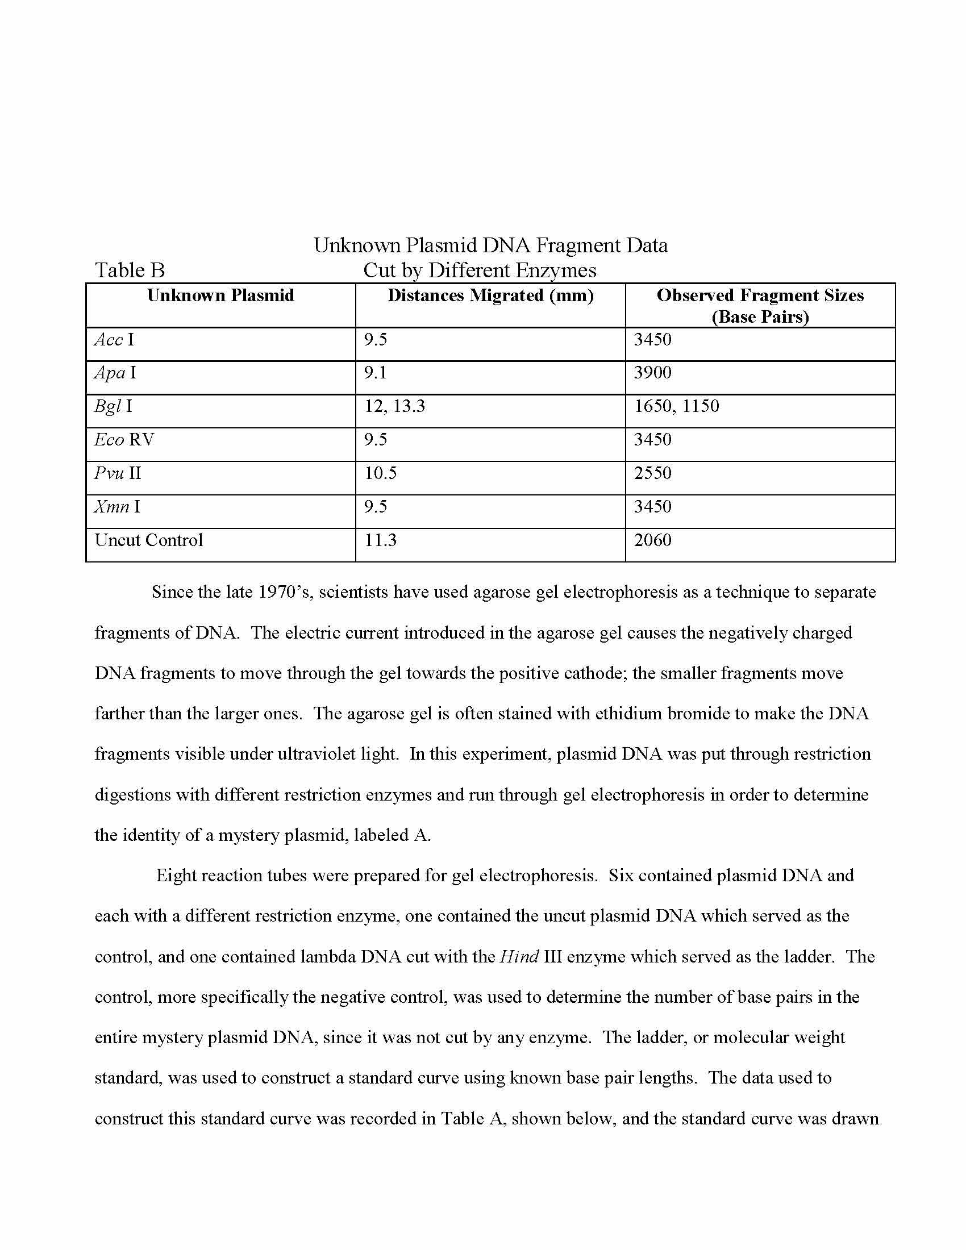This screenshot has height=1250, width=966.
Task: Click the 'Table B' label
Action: pos(130,270)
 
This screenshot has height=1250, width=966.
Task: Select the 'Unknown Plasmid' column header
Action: pos(220,295)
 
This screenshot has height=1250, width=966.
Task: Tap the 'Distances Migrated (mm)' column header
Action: pos(490,295)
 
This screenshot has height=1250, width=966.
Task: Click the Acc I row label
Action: pos(114,340)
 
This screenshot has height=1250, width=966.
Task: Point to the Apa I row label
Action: pos(115,373)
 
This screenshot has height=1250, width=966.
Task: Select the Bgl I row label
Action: pos(113,406)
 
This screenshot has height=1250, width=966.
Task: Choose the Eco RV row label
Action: pos(124,440)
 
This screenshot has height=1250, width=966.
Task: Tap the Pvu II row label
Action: pos(117,473)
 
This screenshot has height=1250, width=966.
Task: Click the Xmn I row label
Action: pos(116,506)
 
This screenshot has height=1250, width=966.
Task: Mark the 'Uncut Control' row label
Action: pos(149,540)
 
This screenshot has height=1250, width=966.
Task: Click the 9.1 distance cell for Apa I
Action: pos(376,373)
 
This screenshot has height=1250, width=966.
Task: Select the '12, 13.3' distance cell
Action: pos(395,406)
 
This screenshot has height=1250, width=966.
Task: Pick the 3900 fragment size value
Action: pos(652,373)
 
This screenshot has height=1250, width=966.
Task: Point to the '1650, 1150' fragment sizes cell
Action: pos(676,406)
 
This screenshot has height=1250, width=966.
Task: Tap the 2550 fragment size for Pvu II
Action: pos(652,473)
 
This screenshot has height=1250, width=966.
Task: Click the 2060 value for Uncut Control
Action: pos(652,540)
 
